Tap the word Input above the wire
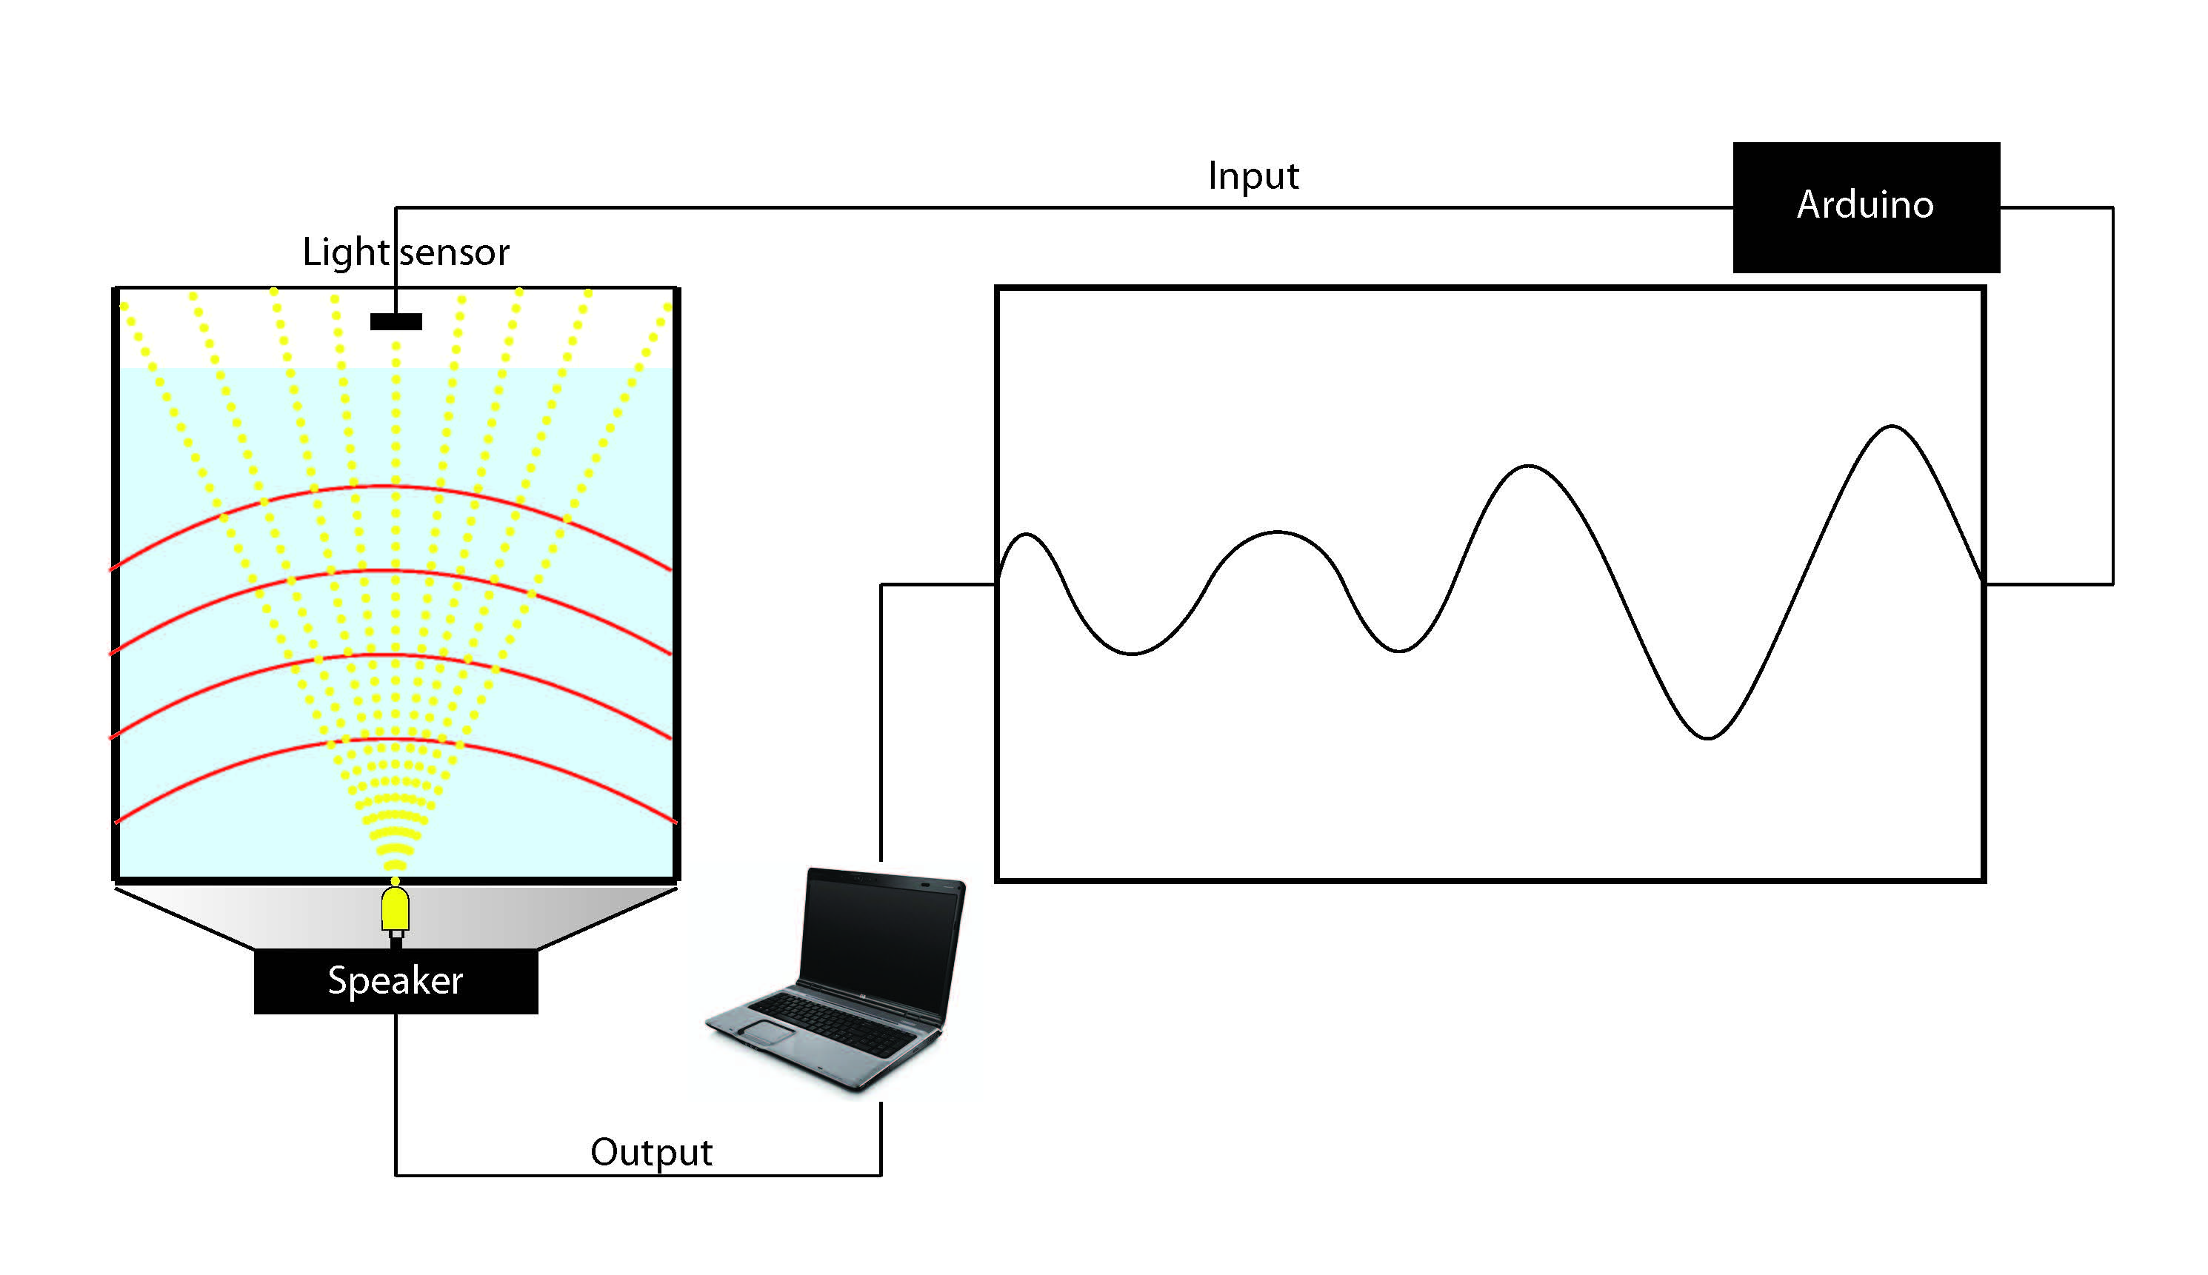(1253, 176)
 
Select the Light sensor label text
(405, 252)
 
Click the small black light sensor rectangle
(396, 321)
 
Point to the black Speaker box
(396, 981)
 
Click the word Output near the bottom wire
(651, 1152)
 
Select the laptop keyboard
(832, 1025)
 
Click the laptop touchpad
(768, 1031)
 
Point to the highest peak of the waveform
(1892, 426)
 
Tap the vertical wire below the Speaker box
(396, 1094)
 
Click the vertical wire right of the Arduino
(2112, 394)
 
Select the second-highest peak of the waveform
(1528, 466)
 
